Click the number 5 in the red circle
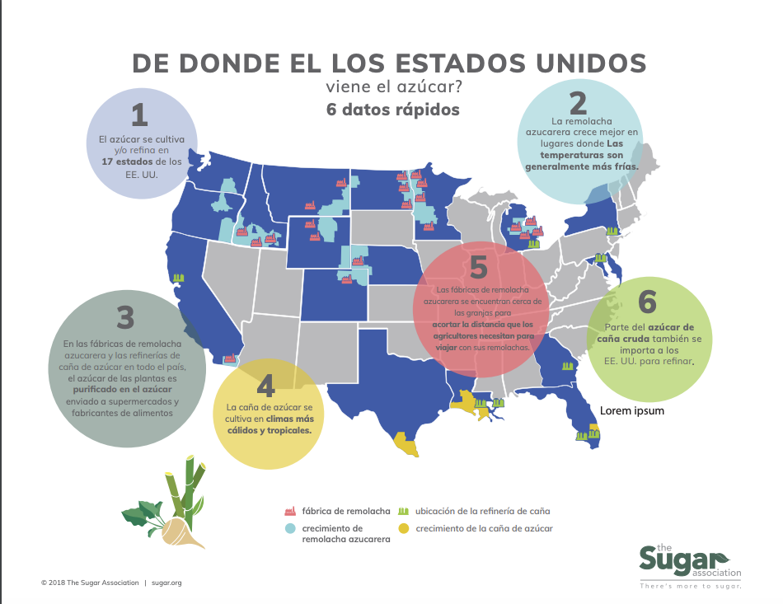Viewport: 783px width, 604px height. [480, 268]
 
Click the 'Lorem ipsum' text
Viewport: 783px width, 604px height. [632, 410]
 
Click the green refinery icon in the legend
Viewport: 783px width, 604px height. [404, 511]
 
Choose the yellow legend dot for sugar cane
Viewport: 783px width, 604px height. [404, 528]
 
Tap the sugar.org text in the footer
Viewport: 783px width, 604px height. [166, 583]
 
